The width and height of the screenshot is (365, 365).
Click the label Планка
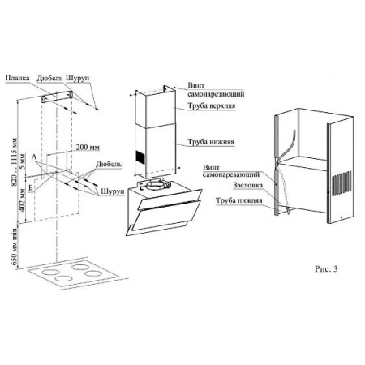[x=18, y=78]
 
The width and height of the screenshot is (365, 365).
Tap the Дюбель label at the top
[x=50, y=78]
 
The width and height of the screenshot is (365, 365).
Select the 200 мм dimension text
[x=88, y=147]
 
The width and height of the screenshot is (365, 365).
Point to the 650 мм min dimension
[x=14, y=247]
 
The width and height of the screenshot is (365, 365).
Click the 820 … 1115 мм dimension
[x=14, y=162]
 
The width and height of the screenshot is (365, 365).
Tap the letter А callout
[x=34, y=157]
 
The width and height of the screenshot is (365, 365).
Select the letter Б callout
[x=31, y=187]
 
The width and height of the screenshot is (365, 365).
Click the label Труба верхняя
[x=212, y=105]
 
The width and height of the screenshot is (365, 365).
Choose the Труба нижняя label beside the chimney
[x=211, y=142]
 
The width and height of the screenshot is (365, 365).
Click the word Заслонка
[x=247, y=185]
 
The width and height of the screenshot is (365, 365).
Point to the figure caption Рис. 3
[x=326, y=268]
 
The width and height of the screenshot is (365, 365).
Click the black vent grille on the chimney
[x=140, y=157]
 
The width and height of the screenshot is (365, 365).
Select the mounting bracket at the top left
[x=57, y=97]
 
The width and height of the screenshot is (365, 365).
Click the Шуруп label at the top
[x=78, y=78]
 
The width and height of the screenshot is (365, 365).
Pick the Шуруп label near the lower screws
[x=113, y=191]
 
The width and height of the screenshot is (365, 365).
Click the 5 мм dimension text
[x=22, y=161]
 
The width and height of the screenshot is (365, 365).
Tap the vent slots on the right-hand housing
[x=341, y=182]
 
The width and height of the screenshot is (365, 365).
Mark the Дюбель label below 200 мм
[x=109, y=164]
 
